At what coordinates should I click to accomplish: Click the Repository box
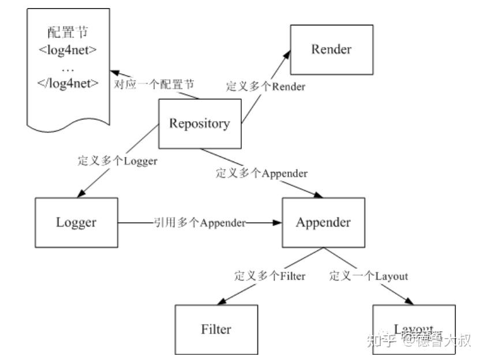coord(199,123)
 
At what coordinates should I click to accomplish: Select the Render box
coord(331,50)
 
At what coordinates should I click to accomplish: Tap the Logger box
coord(76,223)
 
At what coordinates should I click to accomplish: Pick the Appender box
coord(323,223)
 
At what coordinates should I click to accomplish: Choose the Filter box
coord(216,329)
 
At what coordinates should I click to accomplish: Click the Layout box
coord(413,329)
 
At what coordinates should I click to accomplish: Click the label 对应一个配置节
coord(154,84)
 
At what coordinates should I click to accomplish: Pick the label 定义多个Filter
coord(269,276)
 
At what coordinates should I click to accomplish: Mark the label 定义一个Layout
coord(369,276)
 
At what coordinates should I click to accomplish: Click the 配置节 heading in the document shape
coord(68,32)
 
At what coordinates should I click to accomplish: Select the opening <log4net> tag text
coord(68,49)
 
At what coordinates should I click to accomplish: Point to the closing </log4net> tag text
coord(68,82)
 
